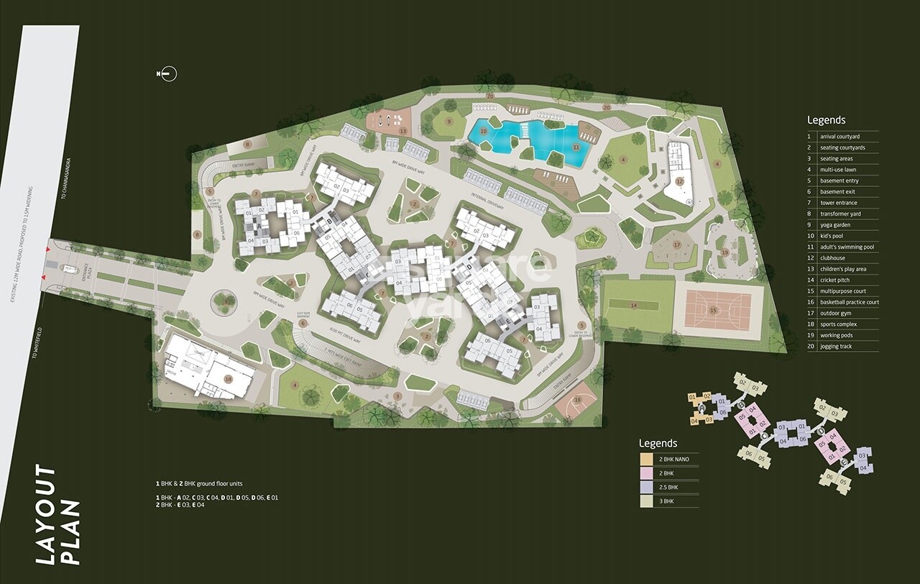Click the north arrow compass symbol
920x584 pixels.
167,73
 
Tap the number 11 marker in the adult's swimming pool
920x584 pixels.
576,147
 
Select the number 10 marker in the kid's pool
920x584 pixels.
483,132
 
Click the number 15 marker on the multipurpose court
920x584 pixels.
713,310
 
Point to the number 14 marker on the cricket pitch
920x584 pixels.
633,305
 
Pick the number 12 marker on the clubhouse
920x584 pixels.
679,181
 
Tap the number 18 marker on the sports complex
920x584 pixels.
229,379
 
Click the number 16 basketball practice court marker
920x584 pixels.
578,400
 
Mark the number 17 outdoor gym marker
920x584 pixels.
676,245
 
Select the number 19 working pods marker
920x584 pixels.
724,252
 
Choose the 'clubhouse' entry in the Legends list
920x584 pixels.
834,258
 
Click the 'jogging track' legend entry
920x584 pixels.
836,347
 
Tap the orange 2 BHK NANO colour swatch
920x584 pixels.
646,459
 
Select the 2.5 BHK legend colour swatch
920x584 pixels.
646,487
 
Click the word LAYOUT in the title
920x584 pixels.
47,515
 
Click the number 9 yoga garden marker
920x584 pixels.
449,122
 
